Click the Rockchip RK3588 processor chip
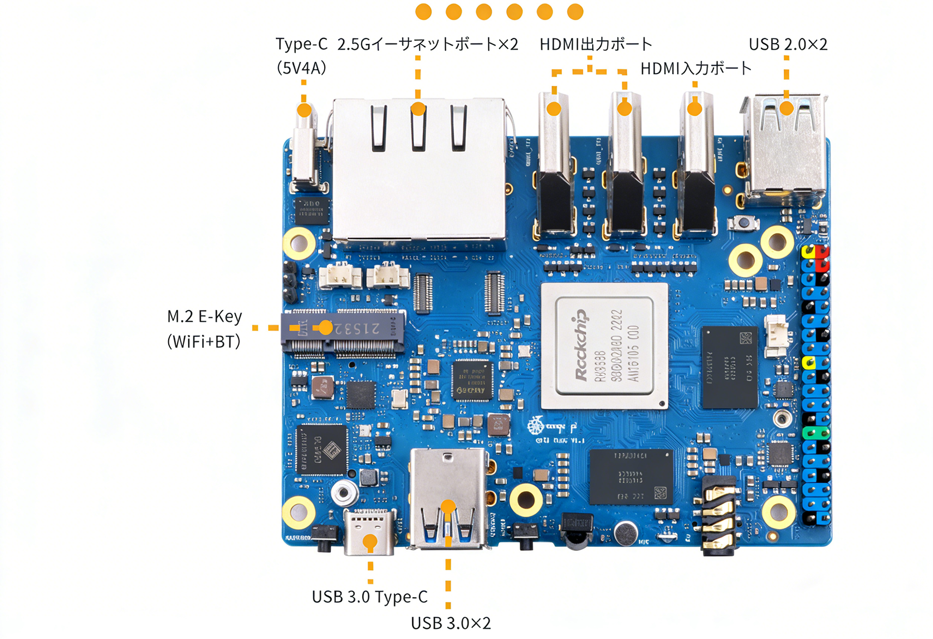pos(604,346)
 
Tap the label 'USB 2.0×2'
pos(788,45)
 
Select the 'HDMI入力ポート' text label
pos(696,69)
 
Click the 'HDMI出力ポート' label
pos(595,45)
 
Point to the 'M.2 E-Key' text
pos(204,317)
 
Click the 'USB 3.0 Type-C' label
pos(369,597)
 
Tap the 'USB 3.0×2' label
pos(451,623)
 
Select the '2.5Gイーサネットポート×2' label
pos(428,45)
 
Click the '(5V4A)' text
pos(301,69)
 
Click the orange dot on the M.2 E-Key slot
pos(326,328)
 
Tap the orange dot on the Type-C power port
pos(304,110)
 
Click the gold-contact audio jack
pos(719,516)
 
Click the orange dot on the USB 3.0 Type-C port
pos(370,541)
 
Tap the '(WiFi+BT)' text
pos(203,342)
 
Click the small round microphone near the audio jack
pos(627,534)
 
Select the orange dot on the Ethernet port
pos(418,109)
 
